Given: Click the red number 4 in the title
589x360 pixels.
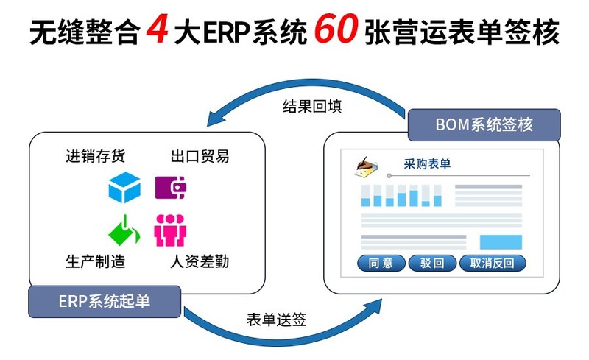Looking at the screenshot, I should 158,32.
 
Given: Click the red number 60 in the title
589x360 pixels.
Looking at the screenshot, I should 336,32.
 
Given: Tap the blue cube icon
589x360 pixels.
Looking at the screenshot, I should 124,188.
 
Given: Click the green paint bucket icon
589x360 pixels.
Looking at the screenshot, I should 124,230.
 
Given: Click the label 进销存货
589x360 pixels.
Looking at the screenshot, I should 95,156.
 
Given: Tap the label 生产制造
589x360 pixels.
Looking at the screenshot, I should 95,262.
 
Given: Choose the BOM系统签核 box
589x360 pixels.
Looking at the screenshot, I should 484,124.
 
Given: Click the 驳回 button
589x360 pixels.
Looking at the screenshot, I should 432,263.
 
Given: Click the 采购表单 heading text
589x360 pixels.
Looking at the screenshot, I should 427,164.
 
